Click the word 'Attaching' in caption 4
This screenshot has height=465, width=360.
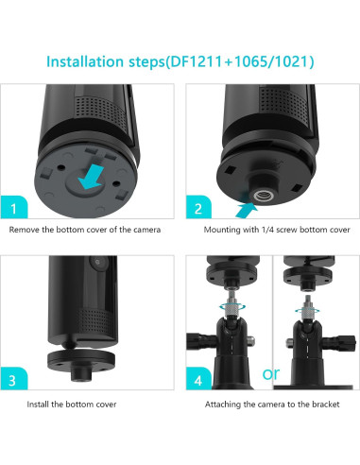pos(225,405)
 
